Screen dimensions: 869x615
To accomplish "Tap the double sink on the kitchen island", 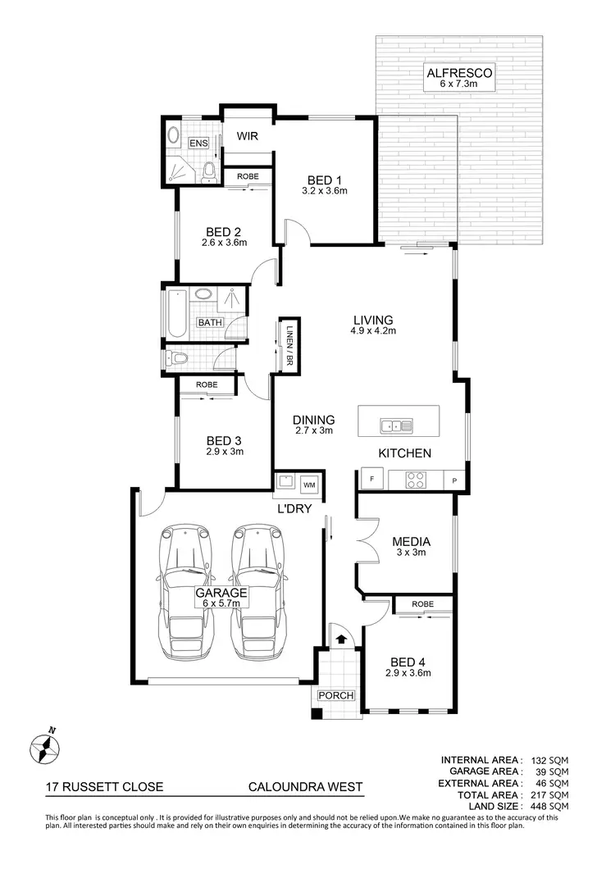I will [x=395, y=425].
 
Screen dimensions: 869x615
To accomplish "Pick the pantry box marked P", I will [x=453, y=480].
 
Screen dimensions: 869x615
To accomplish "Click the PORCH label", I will [x=336, y=696].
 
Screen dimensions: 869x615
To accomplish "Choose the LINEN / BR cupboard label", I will [x=289, y=344].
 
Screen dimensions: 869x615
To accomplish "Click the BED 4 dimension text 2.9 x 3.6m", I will [x=408, y=673].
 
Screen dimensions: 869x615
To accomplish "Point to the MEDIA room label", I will [x=412, y=541].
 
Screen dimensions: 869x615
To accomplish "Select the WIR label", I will [x=248, y=136].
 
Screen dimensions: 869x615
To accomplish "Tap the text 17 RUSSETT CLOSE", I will [x=104, y=787].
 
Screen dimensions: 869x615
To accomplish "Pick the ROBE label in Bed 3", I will [x=207, y=384].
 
